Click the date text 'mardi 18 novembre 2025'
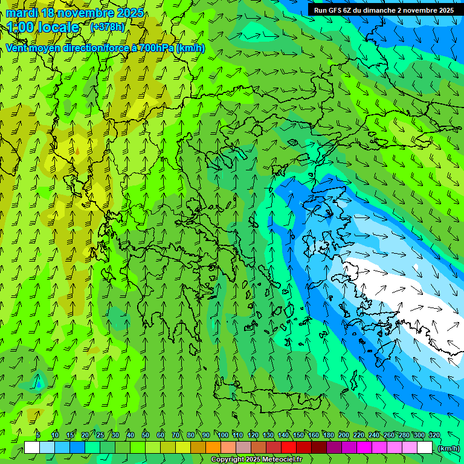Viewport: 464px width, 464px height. pyautogui.click(x=75, y=13)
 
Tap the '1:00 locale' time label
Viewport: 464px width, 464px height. pyautogui.click(x=43, y=27)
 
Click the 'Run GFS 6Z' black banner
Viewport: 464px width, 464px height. pyautogui.click(x=384, y=10)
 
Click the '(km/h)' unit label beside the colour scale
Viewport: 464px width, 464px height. pyautogui.click(x=448, y=448)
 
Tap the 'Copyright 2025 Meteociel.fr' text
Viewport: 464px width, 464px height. pyautogui.click(x=256, y=460)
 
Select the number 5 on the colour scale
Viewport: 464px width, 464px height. pyautogui.click(x=38, y=436)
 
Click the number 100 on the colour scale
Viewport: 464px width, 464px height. pyautogui.click(x=223, y=436)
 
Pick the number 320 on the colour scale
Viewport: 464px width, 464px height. pyautogui.click(x=434, y=436)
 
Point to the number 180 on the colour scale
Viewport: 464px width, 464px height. pyautogui.click(x=329, y=436)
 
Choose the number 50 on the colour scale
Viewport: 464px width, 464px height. pyautogui.click(x=146, y=436)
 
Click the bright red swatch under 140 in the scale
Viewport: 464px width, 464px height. pyautogui.click(x=289, y=448)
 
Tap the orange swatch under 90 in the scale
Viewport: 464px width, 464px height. pyautogui.click(x=213, y=448)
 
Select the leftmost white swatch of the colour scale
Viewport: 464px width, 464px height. pyautogui.click(x=32, y=448)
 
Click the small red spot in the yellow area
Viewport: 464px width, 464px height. pyautogui.click(x=77, y=150)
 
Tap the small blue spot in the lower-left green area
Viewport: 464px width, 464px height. pyautogui.click(x=39, y=384)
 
